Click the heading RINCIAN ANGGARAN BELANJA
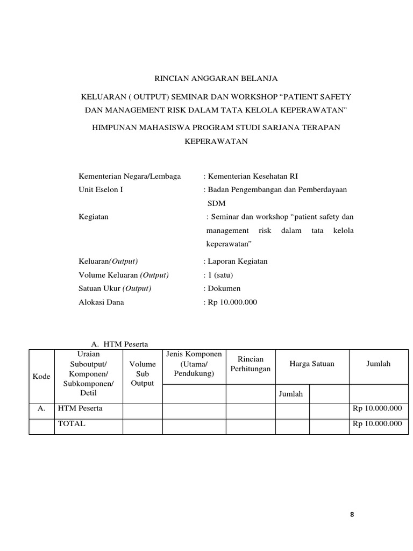pos(216,79)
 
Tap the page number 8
pos(352,514)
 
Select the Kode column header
pos(41,377)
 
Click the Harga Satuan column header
pos(312,364)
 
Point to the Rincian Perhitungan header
pos(250,364)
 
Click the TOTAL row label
pos(72,423)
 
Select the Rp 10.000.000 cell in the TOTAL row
pos(377,423)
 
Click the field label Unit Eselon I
pos(101,189)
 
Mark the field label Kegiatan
pos(94,216)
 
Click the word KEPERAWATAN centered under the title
pos(216,141)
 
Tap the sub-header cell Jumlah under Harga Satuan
pos(291,394)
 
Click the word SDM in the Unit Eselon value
pos(217,203)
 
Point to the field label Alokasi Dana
pos(102,302)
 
